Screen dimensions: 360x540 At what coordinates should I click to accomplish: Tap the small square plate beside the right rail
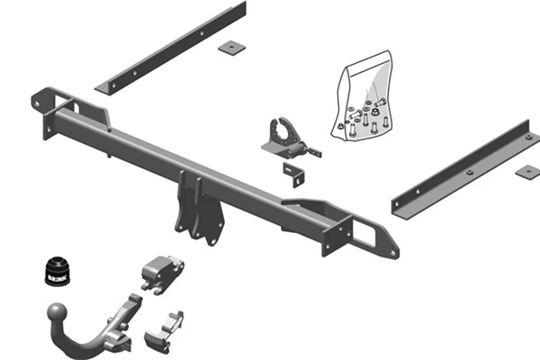click(528, 171)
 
